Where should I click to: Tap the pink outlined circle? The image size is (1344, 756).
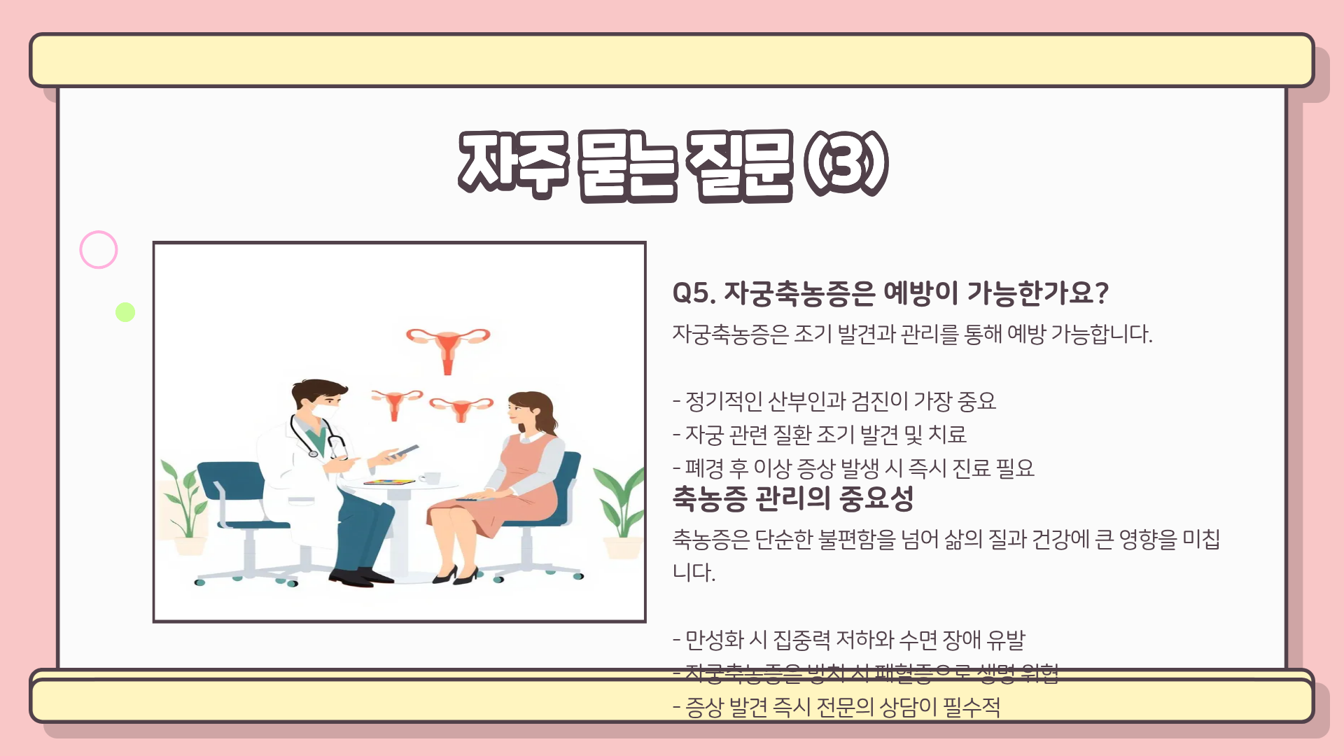coord(99,250)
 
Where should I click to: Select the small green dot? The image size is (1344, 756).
coord(125,312)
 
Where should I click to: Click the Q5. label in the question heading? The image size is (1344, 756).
coord(693,293)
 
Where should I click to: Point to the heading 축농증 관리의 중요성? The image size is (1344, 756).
coord(792,498)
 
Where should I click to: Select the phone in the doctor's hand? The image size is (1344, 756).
coord(404,452)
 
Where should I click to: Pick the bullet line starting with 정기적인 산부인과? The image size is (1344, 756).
coord(834,401)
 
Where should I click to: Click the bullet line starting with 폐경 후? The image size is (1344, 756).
coord(853,468)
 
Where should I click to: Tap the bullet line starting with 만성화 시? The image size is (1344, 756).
coord(848,639)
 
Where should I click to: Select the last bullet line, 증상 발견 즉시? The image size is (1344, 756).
coord(836,707)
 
